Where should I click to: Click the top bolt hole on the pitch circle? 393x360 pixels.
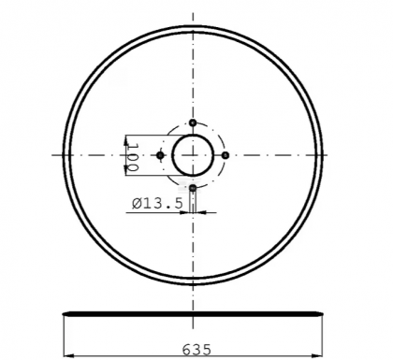tap(193, 122)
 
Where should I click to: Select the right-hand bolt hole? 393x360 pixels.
tap(226, 154)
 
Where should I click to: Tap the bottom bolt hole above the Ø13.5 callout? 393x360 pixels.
tap(193, 188)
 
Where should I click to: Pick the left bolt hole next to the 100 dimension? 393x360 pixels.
tap(160, 155)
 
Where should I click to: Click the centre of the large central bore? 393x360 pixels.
tap(193, 155)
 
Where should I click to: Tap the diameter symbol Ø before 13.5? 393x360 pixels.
tap(137, 203)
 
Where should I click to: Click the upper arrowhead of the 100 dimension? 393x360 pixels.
tap(127, 137)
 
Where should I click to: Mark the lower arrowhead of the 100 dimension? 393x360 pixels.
tap(127, 174)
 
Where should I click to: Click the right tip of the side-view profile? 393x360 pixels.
tap(326, 312)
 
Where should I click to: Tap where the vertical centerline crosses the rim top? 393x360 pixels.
tap(193, 26)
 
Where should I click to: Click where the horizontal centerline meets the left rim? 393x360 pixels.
tap(64, 155)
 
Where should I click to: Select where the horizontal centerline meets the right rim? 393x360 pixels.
tap(323, 155)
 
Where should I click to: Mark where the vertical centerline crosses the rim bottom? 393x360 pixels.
tap(193, 284)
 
